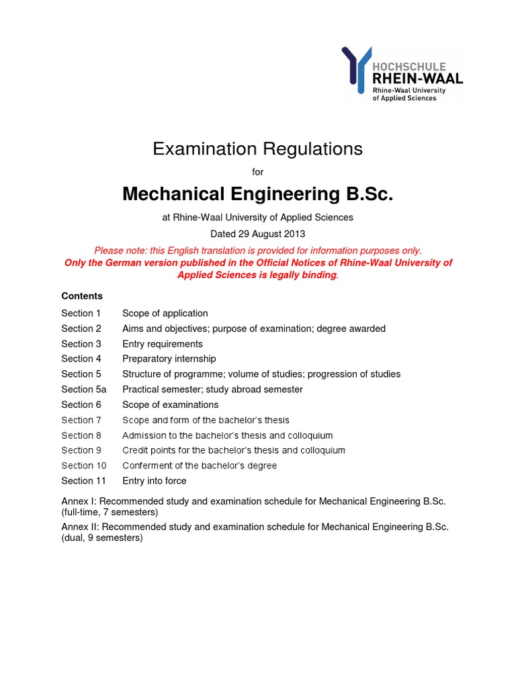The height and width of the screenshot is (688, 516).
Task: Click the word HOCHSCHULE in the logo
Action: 408,67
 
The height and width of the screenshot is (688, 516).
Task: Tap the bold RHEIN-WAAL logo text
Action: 417,79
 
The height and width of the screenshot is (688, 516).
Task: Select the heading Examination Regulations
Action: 257,148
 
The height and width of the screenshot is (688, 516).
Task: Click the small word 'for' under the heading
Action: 257,172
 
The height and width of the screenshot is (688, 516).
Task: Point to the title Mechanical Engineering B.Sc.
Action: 257,194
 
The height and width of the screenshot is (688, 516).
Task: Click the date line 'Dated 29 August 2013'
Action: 257,234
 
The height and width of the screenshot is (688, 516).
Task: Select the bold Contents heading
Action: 82,296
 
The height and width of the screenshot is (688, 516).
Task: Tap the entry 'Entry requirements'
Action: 162,344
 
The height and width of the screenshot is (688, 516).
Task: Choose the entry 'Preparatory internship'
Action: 169,359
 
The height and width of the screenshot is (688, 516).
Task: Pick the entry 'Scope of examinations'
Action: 170,404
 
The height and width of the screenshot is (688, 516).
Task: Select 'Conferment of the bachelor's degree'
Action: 199,466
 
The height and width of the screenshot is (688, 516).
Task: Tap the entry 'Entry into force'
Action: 154,481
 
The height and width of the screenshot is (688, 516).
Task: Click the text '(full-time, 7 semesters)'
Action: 110,512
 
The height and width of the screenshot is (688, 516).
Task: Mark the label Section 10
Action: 83,466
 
